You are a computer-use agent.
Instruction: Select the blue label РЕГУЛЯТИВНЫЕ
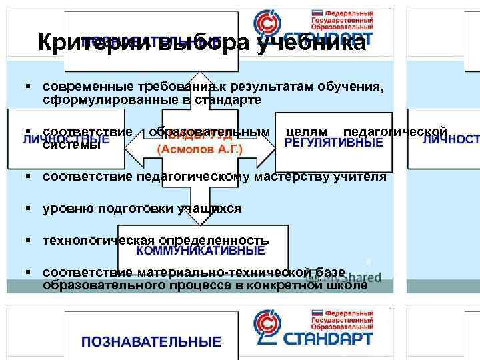pos(333,143)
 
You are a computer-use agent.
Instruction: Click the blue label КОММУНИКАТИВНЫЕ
pos(201,251)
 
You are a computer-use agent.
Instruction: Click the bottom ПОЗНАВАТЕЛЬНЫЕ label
pos(151,342)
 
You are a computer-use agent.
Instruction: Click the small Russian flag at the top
pos(317,12)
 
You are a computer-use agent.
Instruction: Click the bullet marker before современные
pos(31,87)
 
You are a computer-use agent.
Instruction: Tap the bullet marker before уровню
pos(31,209)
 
